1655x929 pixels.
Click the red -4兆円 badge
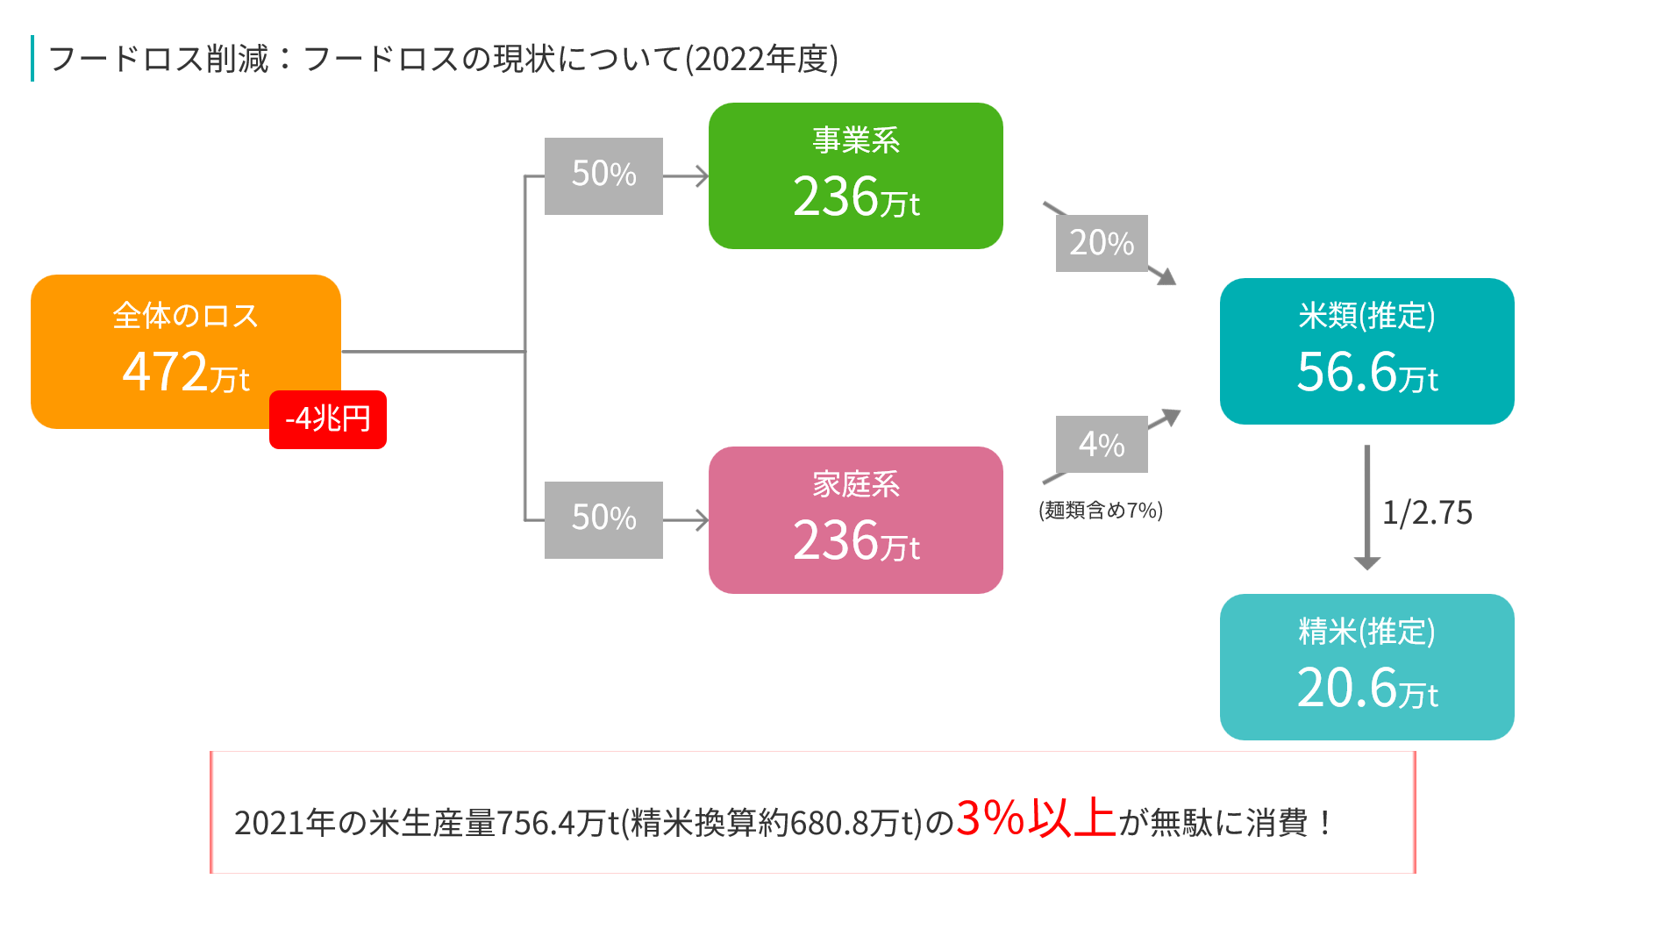point(327,419)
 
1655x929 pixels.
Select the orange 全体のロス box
point(186,351)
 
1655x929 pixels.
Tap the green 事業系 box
point(855,175)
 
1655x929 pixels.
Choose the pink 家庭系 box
point(855,520)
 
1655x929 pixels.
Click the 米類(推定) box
point(1366,351)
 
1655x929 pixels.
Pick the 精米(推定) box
point(1366,667)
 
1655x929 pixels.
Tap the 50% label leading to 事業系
point(603,175)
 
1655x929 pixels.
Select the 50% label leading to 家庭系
point(603,519)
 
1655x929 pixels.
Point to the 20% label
point(1102,243)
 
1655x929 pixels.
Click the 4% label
point(1102,444)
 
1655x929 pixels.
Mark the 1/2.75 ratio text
point(1427,512)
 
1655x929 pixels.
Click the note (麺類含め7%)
point(1101,511)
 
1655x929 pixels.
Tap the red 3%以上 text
point(1036,818)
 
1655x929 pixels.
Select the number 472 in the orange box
point(165,371)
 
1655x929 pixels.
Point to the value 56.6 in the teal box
point(1346,372)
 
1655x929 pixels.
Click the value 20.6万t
point(1367,688)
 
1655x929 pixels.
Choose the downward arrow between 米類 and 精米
point(1367,507)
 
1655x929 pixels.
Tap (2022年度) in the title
point(761,59)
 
